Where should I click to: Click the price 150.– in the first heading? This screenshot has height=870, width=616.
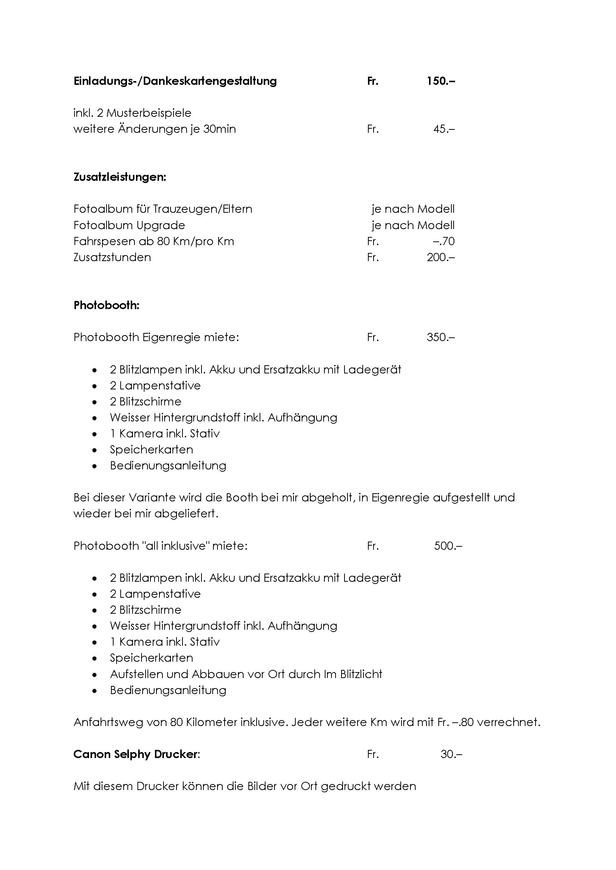[x=440, y=81]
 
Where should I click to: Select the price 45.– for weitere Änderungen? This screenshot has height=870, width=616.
[x=444, y=129]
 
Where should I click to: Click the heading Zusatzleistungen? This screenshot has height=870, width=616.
[x=120, y=177]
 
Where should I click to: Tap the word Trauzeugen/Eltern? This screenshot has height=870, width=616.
[x=202, y=209]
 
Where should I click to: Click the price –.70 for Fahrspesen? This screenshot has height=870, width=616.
[x=444, y=241]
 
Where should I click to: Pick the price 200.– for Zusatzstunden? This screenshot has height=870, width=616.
[x=440, y=257]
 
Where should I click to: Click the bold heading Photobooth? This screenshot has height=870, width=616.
[x=107, y=305]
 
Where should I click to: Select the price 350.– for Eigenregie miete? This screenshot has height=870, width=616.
[x=440, y=337]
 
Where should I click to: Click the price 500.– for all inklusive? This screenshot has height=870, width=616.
[x=448, y=546]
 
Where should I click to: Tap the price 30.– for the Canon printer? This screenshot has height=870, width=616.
[x=451, y=754]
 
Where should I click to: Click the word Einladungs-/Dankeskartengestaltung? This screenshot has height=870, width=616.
[x=175, y=81]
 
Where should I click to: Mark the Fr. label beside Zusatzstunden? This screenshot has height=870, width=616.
[x=373, y=257]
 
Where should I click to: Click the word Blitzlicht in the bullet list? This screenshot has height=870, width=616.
[x=361, y=674]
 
